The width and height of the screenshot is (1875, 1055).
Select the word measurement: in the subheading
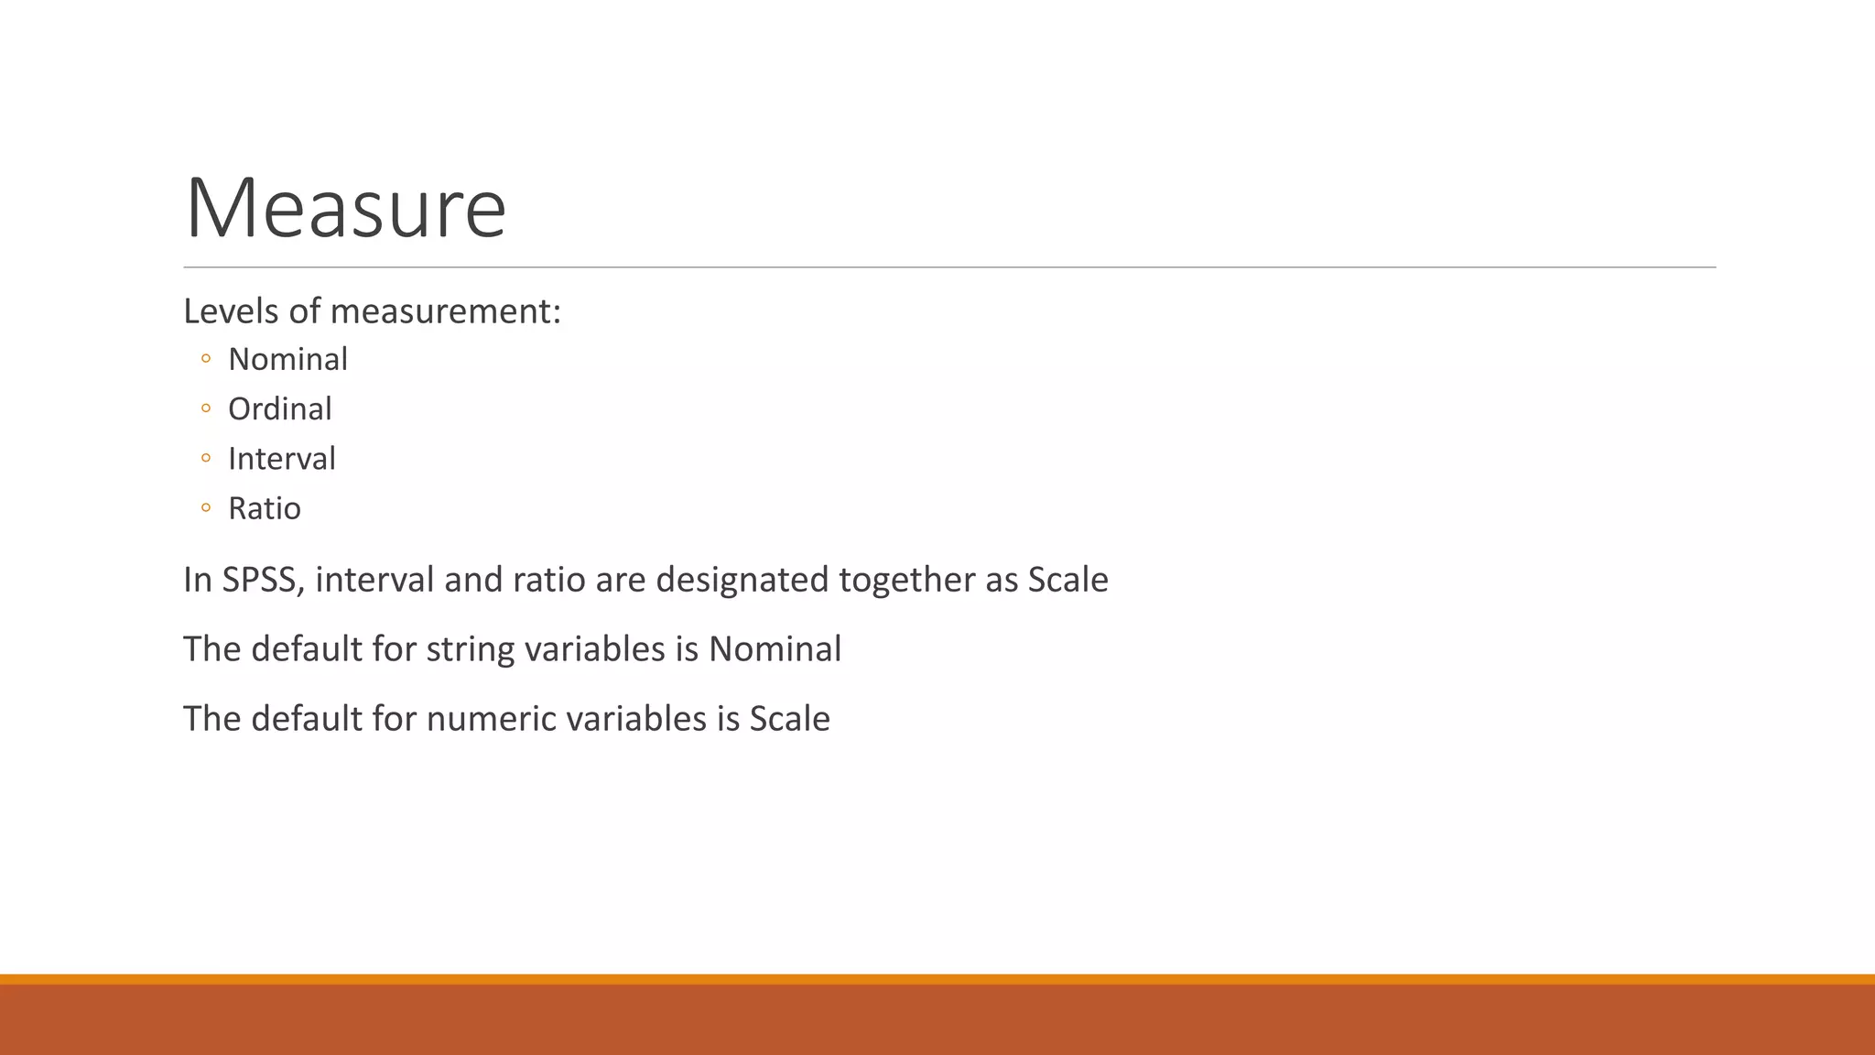point(445,311)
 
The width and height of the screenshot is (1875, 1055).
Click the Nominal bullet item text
point(287,359)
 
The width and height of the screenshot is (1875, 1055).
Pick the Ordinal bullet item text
point(279,408)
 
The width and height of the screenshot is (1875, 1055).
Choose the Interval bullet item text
point(281,458)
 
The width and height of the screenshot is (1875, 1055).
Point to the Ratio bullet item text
point(264,508)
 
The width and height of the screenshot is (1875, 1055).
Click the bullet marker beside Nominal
point(206,358)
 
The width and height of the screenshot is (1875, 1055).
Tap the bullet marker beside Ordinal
point(206,408)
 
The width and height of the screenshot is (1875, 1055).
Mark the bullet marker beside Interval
point(206,457)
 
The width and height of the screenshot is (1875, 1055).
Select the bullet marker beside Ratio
point(206,506)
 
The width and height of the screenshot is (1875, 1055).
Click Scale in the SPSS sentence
point(1068,580)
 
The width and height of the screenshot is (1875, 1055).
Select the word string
point(470,649)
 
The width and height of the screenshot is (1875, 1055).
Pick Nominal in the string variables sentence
point(775,649)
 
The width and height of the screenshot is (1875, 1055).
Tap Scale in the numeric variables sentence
point(789,719)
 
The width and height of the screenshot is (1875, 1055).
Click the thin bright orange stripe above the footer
point(937,979)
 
